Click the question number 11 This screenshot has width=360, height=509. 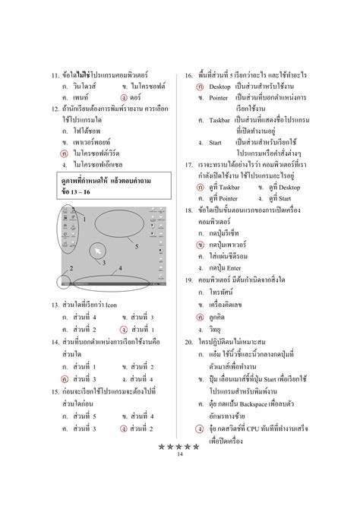point(54,77)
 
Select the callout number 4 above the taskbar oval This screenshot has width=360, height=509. point(119,268)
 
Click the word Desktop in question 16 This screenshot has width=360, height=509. point(219,87)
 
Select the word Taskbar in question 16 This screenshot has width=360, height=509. point(220,120)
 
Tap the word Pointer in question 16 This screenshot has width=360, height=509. point(219,99)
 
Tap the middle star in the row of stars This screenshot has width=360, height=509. point(180,446)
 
